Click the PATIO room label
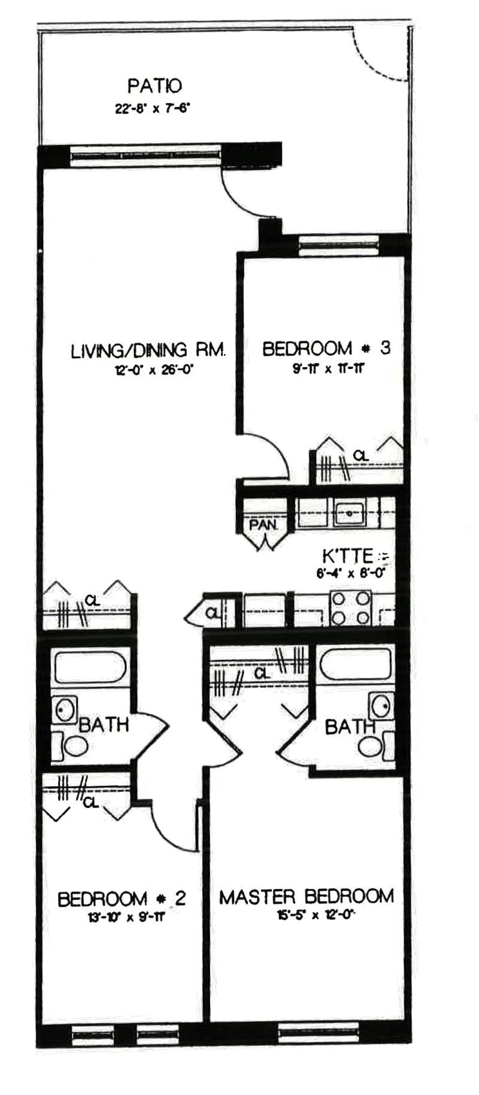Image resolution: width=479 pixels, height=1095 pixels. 154,86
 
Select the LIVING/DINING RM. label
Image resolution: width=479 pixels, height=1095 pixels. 148,350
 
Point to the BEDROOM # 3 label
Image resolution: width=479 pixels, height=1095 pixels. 326,348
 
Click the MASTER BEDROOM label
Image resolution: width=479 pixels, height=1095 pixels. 306,897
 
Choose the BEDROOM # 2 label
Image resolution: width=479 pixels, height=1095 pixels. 122,899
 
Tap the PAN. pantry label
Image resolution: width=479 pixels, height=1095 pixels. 263,525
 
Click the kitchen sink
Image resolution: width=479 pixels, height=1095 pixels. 350,513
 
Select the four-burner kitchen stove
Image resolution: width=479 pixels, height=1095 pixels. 351,607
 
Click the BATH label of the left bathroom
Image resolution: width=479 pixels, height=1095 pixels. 104,725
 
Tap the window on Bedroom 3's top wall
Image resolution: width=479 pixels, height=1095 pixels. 338,246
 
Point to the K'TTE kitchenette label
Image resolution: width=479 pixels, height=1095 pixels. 347,555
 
